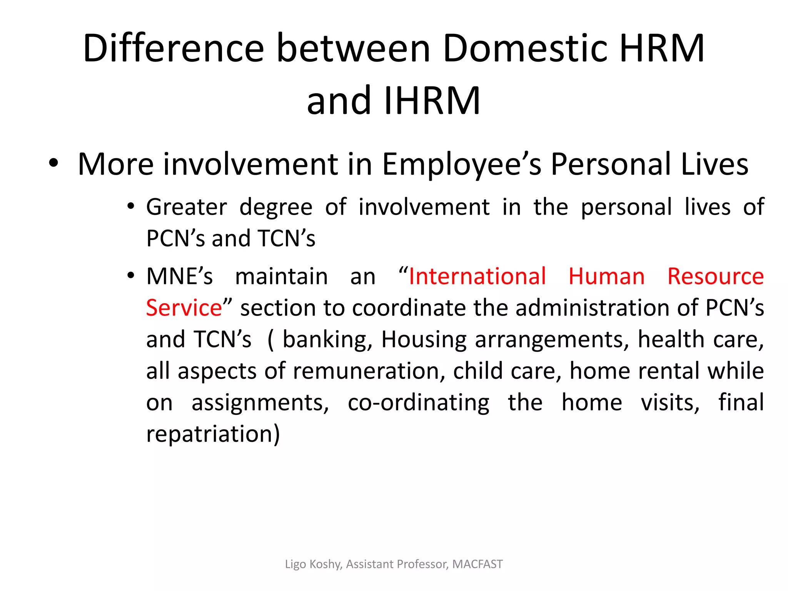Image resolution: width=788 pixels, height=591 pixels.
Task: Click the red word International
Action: [477, 276]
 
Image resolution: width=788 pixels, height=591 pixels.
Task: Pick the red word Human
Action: [606, 276]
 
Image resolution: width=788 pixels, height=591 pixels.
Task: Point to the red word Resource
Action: [715, 276]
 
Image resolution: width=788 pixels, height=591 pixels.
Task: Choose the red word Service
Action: [184, 308]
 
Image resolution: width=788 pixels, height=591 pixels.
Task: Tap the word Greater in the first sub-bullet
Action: [187, 207]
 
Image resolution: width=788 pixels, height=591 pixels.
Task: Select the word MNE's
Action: [179, 276]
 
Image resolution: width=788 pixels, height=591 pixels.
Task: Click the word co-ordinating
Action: [419, 402]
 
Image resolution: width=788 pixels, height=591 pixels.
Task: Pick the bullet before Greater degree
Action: [131, 207]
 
